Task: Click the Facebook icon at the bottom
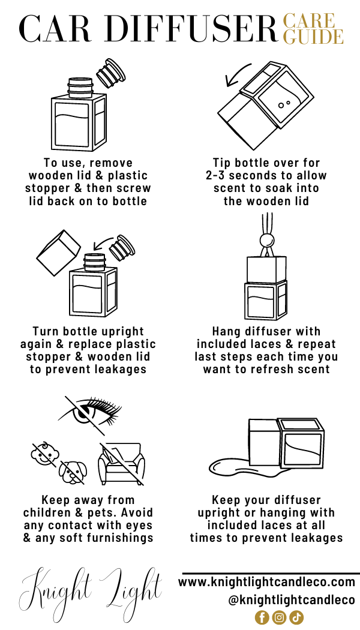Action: [x=262, y=617]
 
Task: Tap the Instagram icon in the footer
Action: [x=279, y=617]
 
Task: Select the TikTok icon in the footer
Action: [x=296, y=617]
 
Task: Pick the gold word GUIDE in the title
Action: [x=313, y=37]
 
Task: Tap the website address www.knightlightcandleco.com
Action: [x=267, y=581]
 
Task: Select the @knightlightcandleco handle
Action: [x=292, y=600]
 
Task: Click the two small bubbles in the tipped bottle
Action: [x=284, y=104]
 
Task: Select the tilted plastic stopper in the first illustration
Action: [x=111, y=73]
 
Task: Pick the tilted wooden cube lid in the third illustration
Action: [x=59, y=253]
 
